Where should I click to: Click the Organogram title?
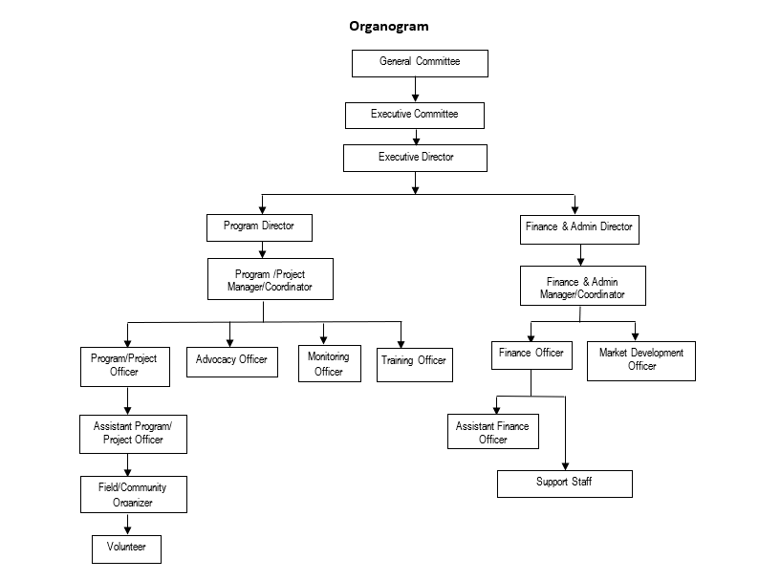tap(388, 26)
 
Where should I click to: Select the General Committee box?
tap(420, 63)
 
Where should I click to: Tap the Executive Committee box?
tap(415, 115)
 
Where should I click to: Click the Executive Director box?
tap(416, 157)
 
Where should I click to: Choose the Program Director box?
tap(259, 226)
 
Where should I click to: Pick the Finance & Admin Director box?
tap(578, 228)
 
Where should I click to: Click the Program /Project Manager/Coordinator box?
tap(270, 280)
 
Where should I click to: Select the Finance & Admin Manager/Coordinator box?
tap(582, 287)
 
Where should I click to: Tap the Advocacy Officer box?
tap(231, 360)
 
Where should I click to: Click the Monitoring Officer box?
tap(328, 364)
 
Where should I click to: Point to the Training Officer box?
tap(413, 362)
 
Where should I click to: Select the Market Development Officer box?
tap(641, 360)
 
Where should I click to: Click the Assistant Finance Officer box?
tap(492, 432)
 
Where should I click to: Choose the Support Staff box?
tap(564, 483)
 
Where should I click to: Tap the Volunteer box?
tap(126, 549)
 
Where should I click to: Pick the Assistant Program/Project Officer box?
tap(132, 433)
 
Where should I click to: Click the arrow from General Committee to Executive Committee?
tap(416, 89)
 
